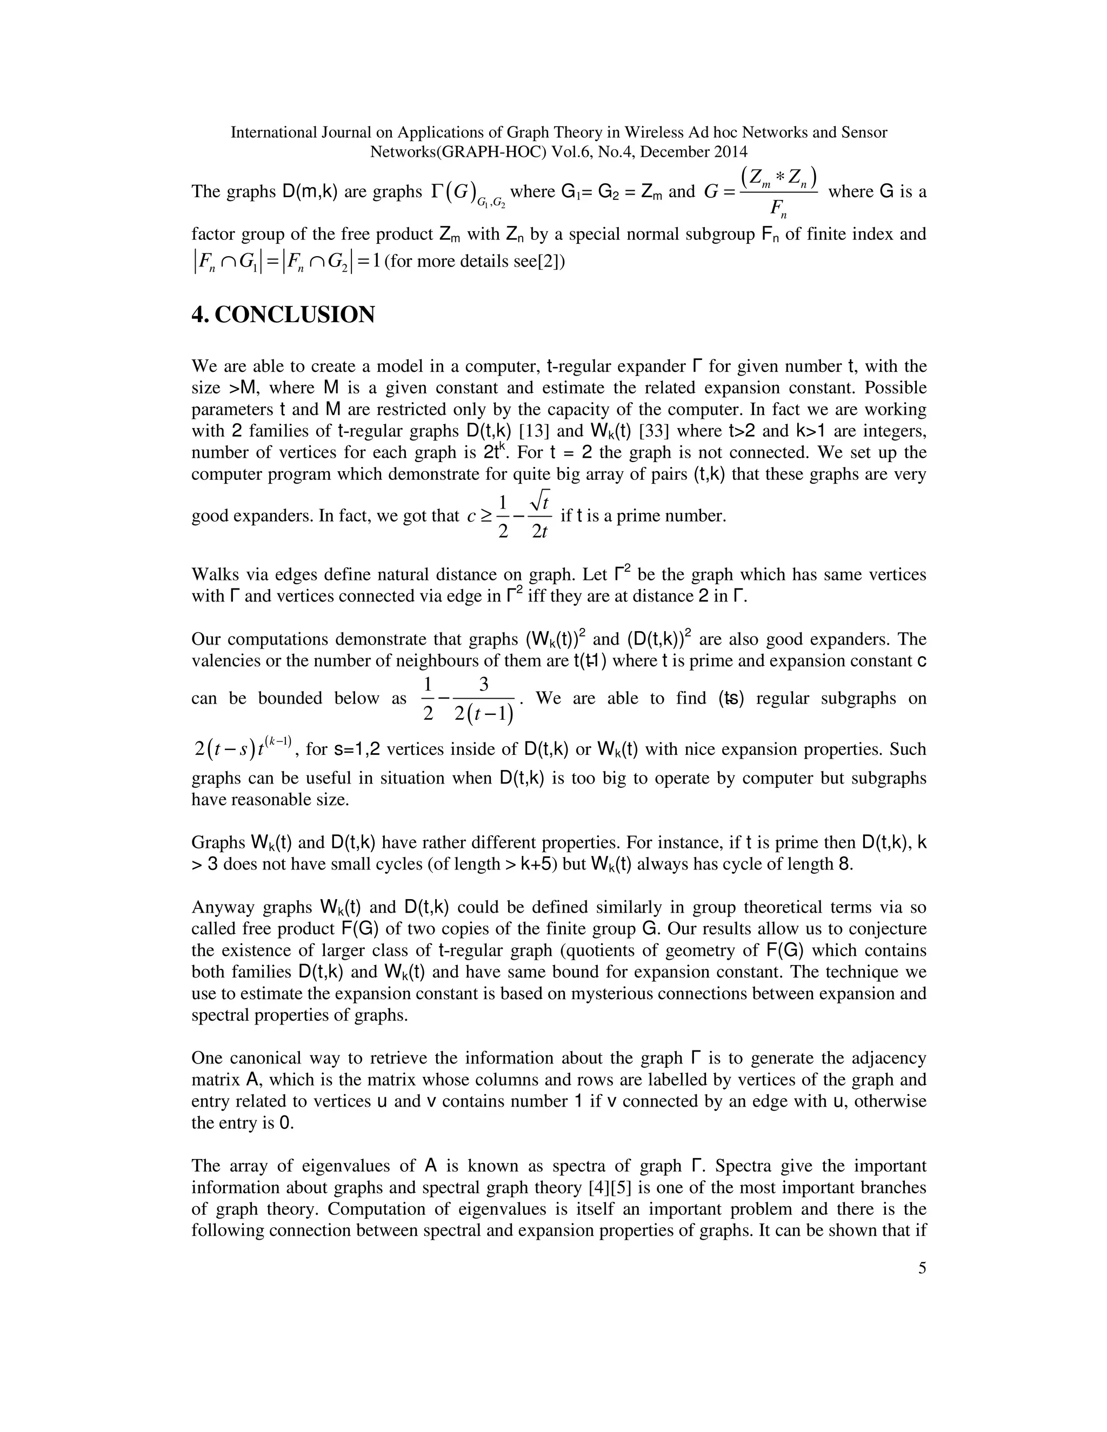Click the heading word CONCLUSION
(295, 316)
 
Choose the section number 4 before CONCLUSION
(197, 316)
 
